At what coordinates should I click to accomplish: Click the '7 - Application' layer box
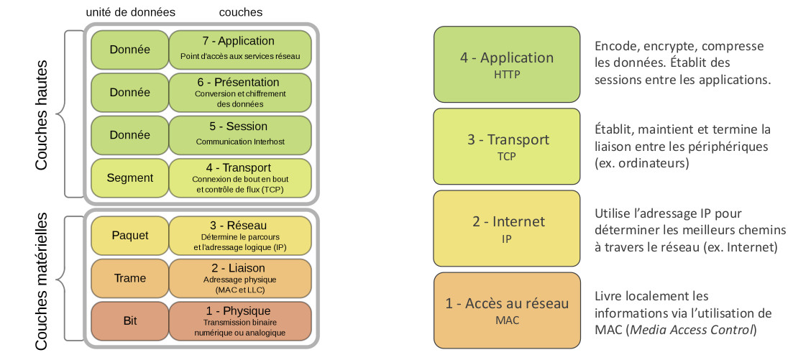pyautogui.click(x=239, y=48)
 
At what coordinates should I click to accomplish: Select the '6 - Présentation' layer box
pyautogui.click(x=239, y=92)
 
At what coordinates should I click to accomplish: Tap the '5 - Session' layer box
pyautogui.click(x=239, y=134)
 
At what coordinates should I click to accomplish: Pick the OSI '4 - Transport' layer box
pyautogui.click(x=239, y=177)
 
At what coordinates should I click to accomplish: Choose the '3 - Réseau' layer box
pyautogui.click(x=239, y=235)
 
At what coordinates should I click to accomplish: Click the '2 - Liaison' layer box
pyautogui.click(x=239, y=278)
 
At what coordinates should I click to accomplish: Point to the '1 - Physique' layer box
pyautogui.click(x=239, y=321)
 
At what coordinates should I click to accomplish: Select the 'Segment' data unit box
pyautogui.click(x=129, y=177)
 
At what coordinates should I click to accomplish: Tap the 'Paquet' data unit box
pyautogui.click(x=129, y=235)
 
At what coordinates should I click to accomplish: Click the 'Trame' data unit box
pyautogui.click(x=129, y=278)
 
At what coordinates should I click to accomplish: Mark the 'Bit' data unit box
pyautogui.click(x=129, y=321)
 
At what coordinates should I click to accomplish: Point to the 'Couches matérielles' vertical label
pyautogui.click(x=41, y=281)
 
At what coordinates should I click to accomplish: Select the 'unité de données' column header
pyautogui.click(x=130, y=12)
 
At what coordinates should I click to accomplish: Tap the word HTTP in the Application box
pyautogui.click(x=507, y=73)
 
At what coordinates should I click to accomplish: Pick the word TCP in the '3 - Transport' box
pyautogui.click(x=507, y=155)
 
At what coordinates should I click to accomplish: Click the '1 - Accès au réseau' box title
pyautogui.click(x=507, y=303)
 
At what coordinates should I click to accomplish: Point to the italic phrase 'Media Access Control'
pyautogui.click(x=691, y=330)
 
